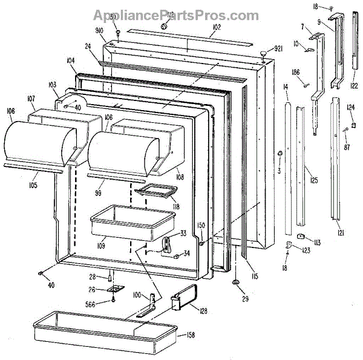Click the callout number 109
click(100, 245)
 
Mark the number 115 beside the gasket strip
click(255, 277)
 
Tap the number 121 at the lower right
click(341, 232)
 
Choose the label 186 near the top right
click(296, 73)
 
